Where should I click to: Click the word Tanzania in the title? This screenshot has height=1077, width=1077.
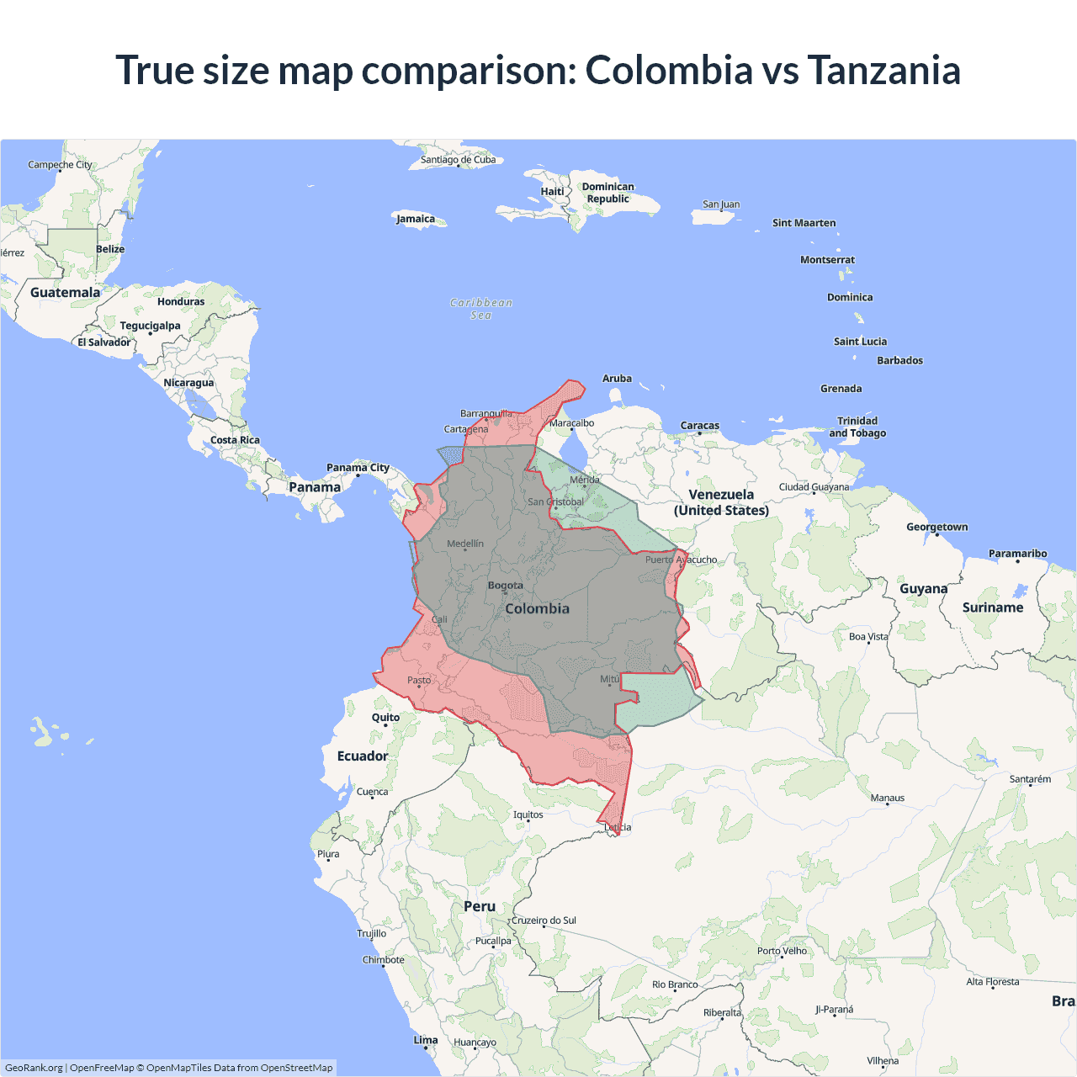[883, 70]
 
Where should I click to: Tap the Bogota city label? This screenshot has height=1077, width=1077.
[506, 586]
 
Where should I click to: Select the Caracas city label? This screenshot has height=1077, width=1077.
[700, 426]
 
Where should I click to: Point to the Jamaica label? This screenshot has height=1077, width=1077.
[416, 219]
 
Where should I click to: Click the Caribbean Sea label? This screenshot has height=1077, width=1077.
[481, 309]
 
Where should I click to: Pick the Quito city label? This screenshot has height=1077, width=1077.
[386, 718]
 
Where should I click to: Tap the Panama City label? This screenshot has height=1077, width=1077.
[358, 468]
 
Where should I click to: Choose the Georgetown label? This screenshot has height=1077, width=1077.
[936, 527]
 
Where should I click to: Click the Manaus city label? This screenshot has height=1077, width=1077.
[888, 798]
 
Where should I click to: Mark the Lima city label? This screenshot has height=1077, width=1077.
[426, 1040]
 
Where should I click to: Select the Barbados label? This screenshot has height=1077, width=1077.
[899, 360]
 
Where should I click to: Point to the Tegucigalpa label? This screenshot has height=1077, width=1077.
[150, 326]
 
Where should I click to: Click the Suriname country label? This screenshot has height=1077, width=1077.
[993, 607]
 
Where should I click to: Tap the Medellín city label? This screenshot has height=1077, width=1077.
[465, 544]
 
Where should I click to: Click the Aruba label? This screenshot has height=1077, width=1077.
[617, 379]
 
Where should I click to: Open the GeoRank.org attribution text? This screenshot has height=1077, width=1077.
[34, 1068]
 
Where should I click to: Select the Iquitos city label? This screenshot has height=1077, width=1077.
[528, 814]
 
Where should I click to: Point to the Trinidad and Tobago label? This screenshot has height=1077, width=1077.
[857, 427]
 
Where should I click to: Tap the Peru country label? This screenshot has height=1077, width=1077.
[480, 906]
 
